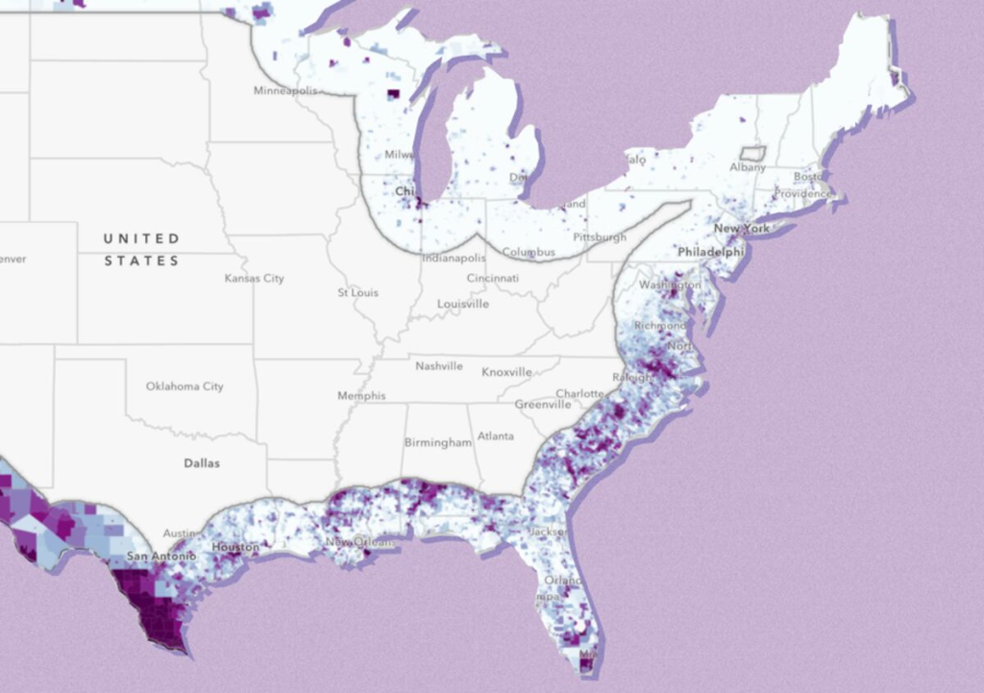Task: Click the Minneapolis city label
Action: (285, 90)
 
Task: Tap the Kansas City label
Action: (254, 279)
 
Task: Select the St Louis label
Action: (357, 292)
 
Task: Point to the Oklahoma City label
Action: (184, 386)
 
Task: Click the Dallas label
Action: (202, 463)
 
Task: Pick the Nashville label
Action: (438, 366)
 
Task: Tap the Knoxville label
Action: (506, 372)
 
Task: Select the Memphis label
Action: (361, 396)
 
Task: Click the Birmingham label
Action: (437, 443)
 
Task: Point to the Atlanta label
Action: (496, 436)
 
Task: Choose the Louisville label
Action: (463, 304)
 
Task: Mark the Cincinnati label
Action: (493, 278)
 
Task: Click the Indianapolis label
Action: (454, 259)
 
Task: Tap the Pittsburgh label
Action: (600, 236)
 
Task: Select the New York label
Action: (741, 229)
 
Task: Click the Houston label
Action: (235, 547)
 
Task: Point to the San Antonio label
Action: (161, 557)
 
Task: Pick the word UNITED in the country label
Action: (141, 238)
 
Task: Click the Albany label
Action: (748, 167)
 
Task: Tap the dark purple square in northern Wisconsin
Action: (393, 94)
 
